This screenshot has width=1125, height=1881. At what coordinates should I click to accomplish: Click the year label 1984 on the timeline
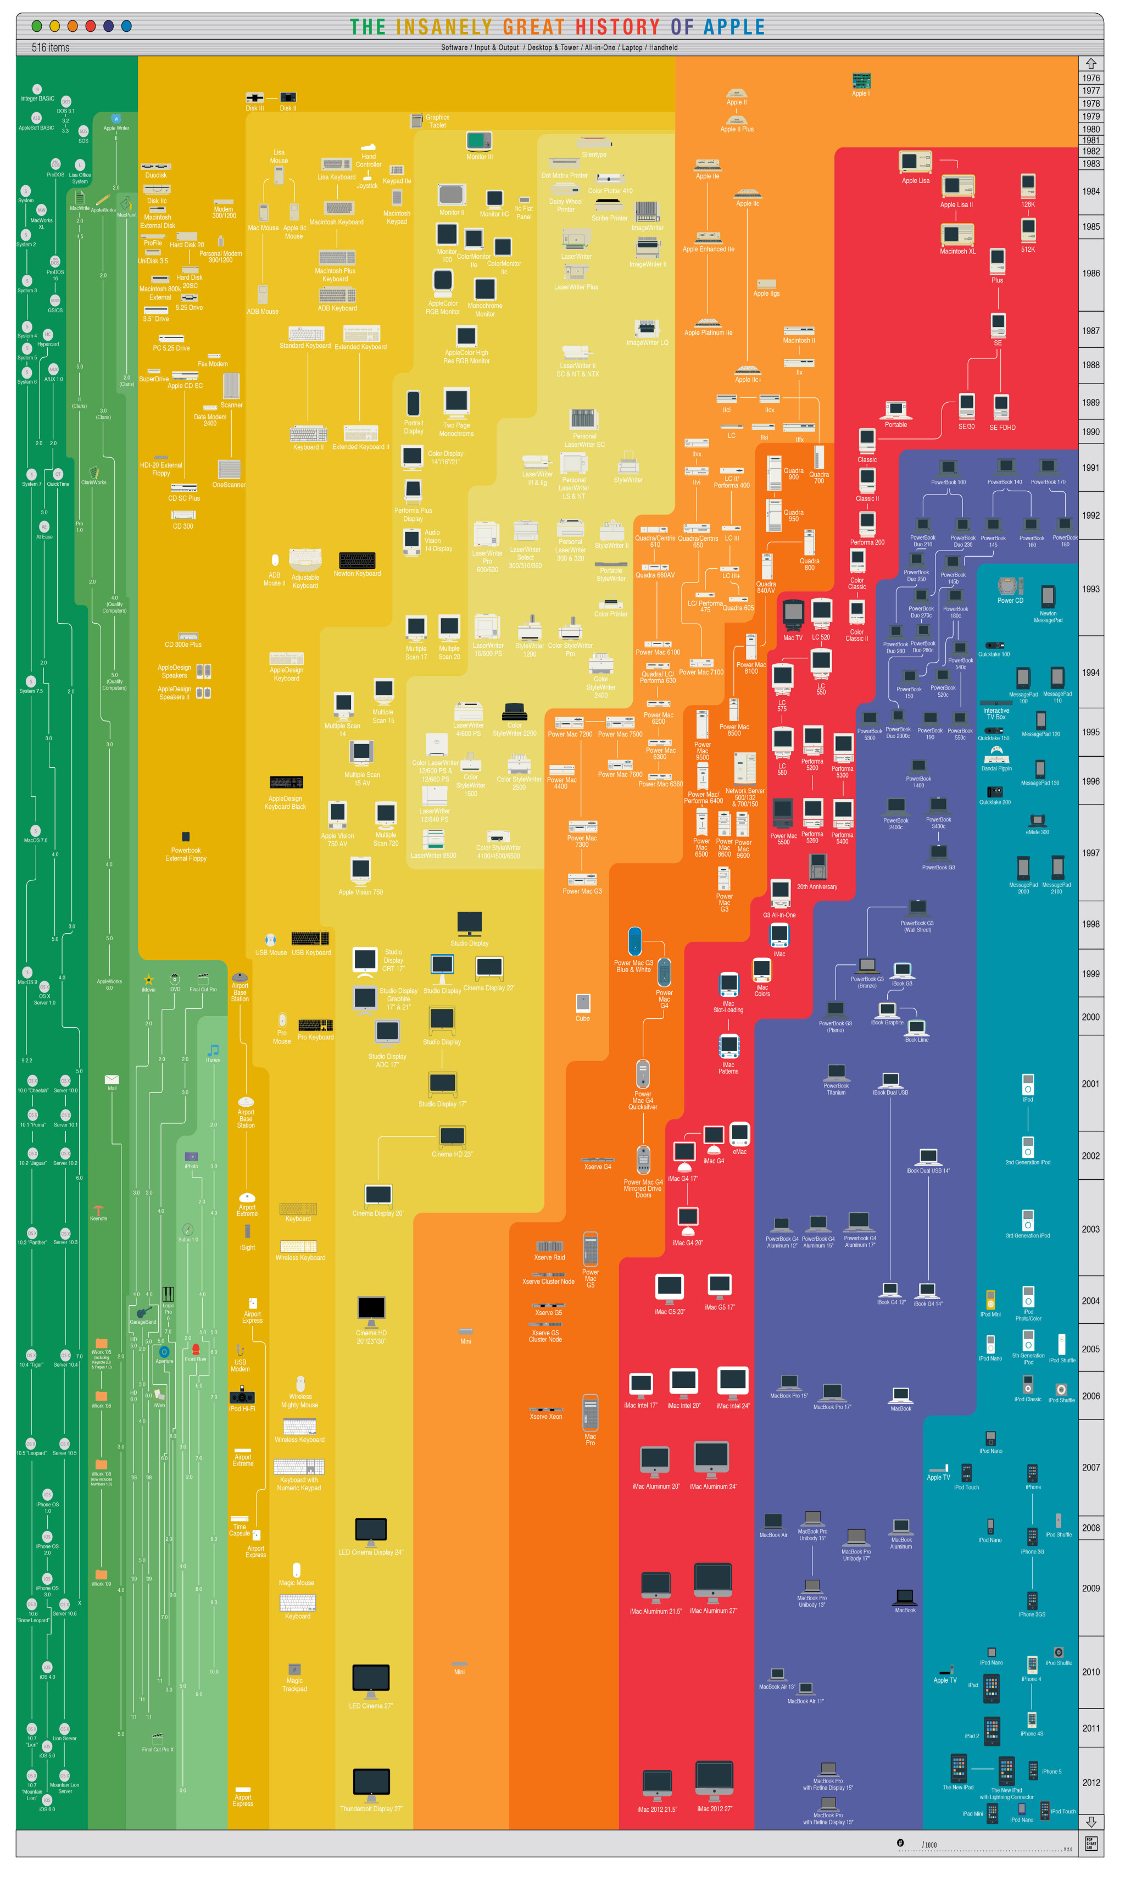1090,191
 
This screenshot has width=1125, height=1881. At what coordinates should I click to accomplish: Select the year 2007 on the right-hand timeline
1090,1467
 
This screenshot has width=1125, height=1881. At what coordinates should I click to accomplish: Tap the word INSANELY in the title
444,27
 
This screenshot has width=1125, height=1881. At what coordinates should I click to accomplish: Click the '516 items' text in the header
50,48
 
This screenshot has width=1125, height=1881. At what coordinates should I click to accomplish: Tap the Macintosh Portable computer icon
895,410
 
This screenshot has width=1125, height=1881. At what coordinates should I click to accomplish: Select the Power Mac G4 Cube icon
582,1002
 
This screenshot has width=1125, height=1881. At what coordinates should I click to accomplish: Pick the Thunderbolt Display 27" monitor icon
371,1784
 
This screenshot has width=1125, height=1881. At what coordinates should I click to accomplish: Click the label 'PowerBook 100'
948,482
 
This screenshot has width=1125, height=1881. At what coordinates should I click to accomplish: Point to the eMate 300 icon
1037,820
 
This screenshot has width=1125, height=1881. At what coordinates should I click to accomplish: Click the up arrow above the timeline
1090,64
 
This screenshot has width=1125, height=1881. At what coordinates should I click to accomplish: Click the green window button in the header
36,26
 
